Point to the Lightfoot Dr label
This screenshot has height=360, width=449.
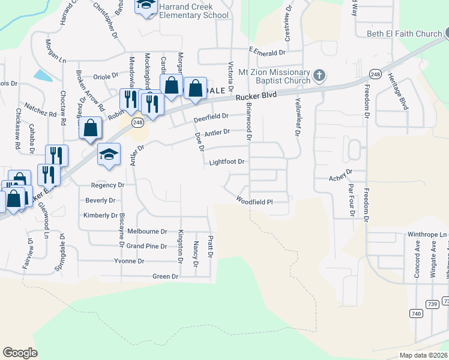(x=227, y=162)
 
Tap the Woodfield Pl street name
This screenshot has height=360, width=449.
(x=255, y=201)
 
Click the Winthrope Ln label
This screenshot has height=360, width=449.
(x=428, y=235)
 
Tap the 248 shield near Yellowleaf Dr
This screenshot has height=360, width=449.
(x=375, y=74)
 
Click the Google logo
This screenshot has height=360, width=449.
(x=20, y=353)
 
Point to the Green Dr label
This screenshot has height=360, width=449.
(x=166, y=277)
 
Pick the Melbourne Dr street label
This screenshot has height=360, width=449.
(x=147, y=231)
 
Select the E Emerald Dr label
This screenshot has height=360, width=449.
(x=265, y=52)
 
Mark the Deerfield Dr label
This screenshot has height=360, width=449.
(x=211, y=116)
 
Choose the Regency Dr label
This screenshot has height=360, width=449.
(x=107, y=185)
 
